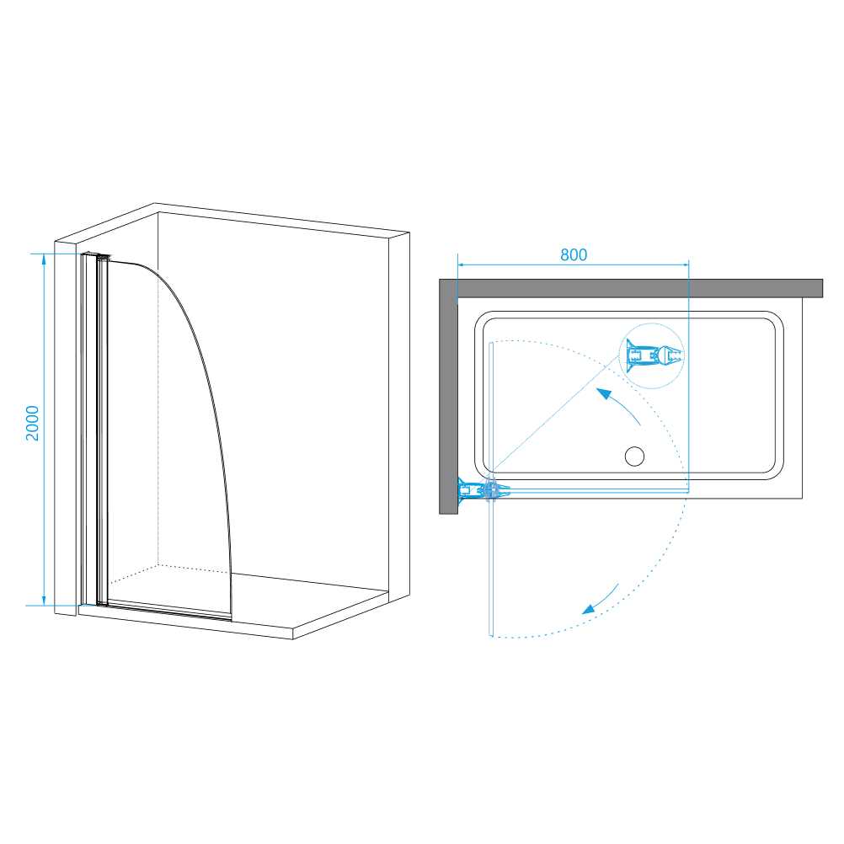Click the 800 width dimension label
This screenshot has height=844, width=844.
574,254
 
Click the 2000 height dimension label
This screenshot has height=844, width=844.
33,423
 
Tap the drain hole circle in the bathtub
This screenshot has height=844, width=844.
634,457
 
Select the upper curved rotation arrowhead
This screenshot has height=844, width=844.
605,394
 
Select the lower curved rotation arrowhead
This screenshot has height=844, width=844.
590,608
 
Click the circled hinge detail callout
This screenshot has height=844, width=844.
651,355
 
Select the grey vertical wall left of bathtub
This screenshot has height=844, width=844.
448,397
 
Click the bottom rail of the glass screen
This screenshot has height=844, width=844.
169,611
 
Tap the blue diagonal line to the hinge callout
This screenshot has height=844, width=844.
554,417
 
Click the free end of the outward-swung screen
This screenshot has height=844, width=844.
490,634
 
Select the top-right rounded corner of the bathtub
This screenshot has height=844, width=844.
775,320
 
